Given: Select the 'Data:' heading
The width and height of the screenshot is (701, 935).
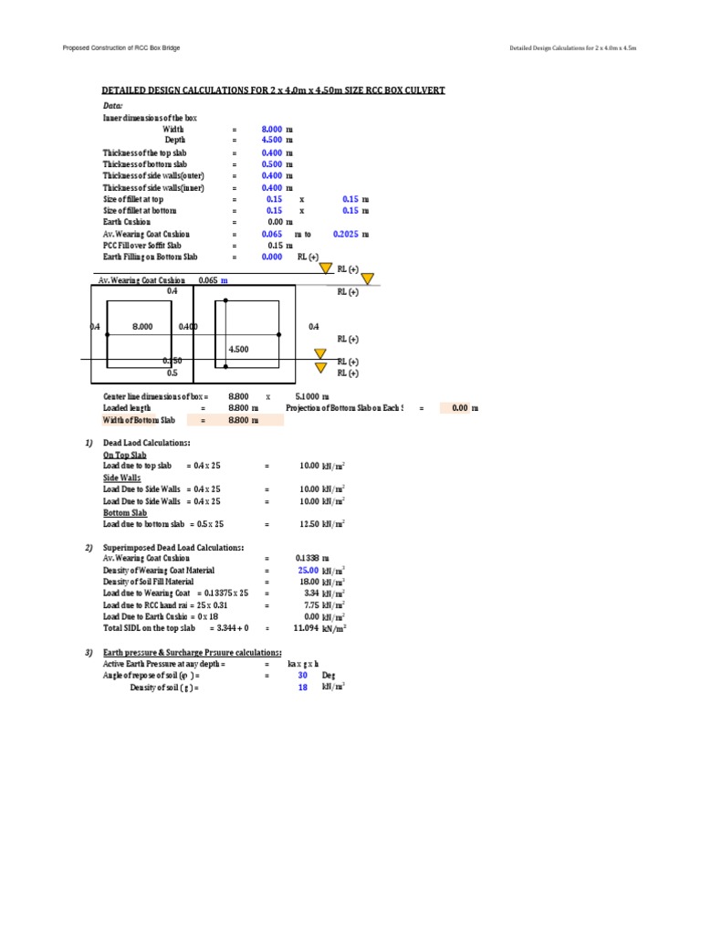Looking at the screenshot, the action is (x=112, y=106).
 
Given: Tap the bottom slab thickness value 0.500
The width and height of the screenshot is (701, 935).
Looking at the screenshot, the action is (x=272, y=163).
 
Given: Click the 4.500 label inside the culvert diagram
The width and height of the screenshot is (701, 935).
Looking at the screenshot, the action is (x=238, y=349).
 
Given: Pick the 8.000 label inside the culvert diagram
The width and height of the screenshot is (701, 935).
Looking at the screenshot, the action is (x=143, y=326).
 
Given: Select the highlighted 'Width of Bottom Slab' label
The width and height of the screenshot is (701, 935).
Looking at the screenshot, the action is (x=139, y=420).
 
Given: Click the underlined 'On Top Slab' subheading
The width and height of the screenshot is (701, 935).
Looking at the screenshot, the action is (x=125, y=454).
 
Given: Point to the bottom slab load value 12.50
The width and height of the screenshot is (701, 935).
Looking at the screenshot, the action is (x=310, y=524).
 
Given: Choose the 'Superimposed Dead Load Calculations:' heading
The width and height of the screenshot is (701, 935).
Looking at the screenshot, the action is (x=173, y=547).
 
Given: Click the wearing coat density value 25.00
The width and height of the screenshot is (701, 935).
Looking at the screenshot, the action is (x=308, y=570).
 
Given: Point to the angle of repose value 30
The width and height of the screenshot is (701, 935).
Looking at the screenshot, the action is (x=303, y=676).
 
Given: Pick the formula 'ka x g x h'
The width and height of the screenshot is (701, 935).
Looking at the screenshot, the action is (x=303, y=664).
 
